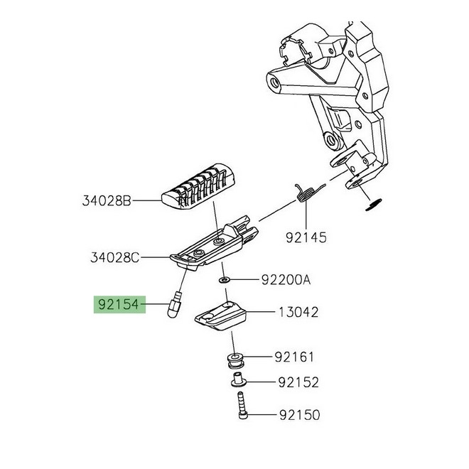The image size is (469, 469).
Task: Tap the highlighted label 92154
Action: point(118,306)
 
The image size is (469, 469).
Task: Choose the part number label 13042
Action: point(298,312)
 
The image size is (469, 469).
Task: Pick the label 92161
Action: point(294,357)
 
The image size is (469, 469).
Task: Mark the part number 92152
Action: point(298,383)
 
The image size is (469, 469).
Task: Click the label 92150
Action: point(298,414)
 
